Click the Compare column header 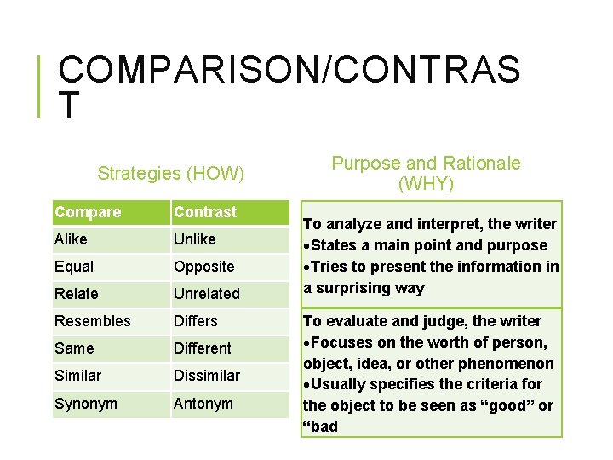coord(88,212)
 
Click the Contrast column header coord(205,212)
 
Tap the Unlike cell coord(195,239)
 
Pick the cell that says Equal coord(74,267)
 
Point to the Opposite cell coord(204,267)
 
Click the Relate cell coord(77,294)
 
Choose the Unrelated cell coord(207,294)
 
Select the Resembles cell coord(93,321)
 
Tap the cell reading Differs coord(196,321)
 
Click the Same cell coord(74,348)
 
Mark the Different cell coord(203,348)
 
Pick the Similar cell coord(77,376)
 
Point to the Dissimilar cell coord(207,376)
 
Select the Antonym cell coord(203,403)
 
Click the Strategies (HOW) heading coord(171,174)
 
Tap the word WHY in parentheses coord(426,184)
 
